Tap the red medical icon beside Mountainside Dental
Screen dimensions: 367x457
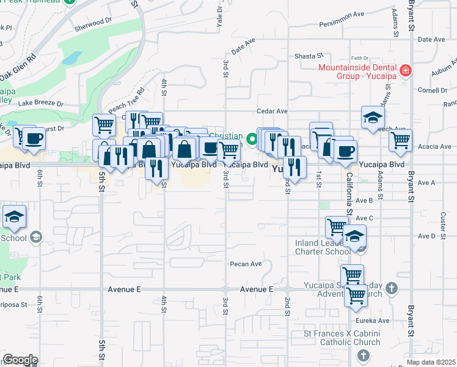(404, 72)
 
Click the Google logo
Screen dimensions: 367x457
(20, 360)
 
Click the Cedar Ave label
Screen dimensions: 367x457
(272, 111)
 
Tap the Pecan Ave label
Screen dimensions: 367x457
(246, 264)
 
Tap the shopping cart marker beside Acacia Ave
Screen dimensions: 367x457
(401, 139)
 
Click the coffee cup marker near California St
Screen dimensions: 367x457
(345, 150)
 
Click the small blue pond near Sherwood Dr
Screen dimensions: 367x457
(71, 58)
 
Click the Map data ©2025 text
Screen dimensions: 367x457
(431, 363)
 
